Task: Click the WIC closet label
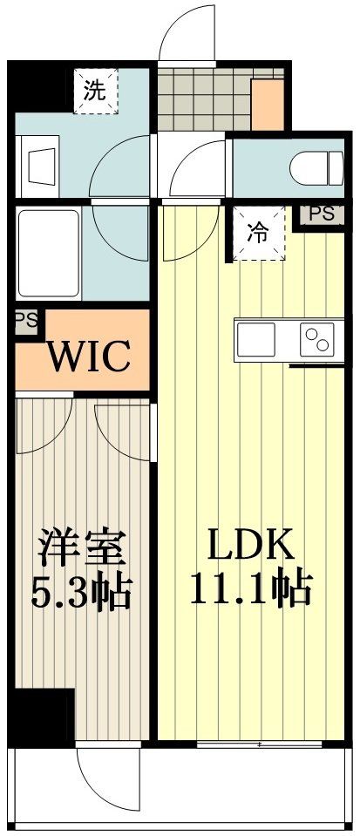pos(88,356)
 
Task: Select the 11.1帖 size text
pos(251,590)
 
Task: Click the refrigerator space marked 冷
pos(258,233)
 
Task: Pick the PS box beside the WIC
pos(27,321)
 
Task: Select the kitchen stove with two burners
pos(316,339)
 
